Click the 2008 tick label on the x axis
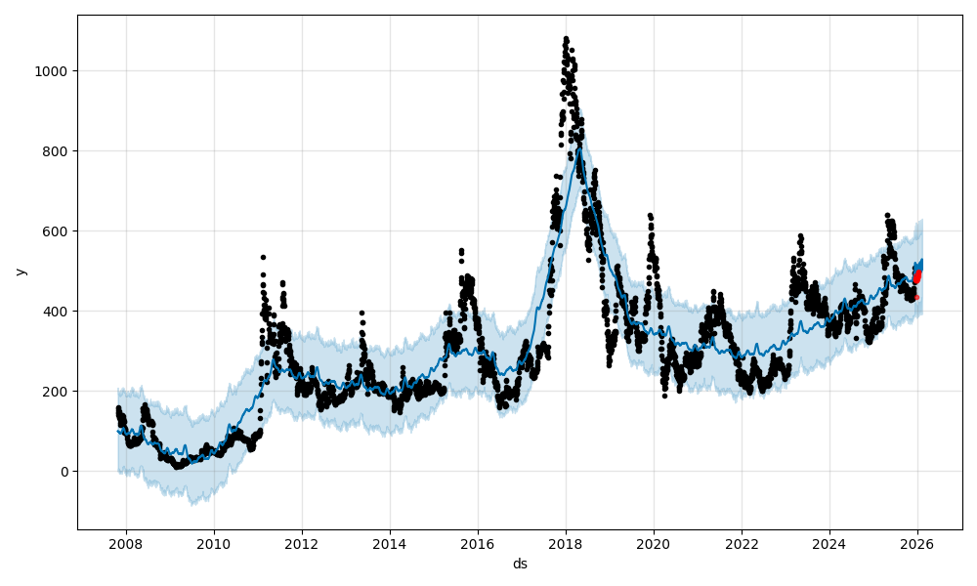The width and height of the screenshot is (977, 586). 125,544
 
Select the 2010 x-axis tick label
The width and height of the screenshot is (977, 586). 213,544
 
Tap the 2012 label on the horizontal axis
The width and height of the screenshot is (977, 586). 301,544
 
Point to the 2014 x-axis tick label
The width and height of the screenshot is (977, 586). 389,544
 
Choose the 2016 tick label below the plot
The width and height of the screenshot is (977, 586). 477,544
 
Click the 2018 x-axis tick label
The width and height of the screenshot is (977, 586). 565,544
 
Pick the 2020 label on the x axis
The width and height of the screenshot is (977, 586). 653,544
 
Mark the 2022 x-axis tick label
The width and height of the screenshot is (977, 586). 741,544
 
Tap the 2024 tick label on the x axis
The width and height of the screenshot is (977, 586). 828,544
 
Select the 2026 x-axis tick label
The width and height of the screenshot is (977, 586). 916,544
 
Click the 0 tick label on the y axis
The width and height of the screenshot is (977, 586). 64,472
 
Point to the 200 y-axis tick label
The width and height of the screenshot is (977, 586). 57,392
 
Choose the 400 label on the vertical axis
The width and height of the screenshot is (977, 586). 57,312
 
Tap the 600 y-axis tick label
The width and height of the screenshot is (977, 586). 57,231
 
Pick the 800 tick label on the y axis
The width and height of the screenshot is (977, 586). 57,151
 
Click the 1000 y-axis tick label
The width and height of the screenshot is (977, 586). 53,71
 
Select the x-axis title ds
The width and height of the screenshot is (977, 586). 520,564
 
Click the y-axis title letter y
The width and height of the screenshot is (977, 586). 20,272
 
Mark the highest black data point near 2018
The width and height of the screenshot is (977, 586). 566,39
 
